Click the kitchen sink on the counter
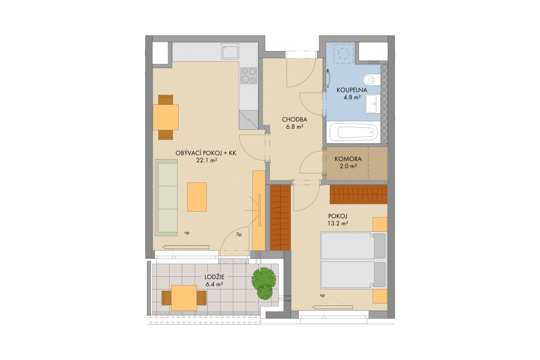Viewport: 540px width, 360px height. tap(231, 51)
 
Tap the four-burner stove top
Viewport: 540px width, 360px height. tap(249, 76)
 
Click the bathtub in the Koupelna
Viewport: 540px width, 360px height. tap(353, 132)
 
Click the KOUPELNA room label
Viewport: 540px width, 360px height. tap(352, 90)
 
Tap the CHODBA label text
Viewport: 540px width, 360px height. tap(295, 120)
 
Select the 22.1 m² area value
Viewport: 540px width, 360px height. tap(207, 160)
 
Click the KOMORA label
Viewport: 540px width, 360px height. tap(348, 159)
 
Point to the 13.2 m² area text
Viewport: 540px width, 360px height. tap(338, 223)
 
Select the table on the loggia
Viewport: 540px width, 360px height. tap(184, 298)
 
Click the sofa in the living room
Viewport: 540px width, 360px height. tap(166, 198)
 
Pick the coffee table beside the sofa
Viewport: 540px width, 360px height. tap(197, 197)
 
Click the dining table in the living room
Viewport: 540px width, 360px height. tap(166, 117)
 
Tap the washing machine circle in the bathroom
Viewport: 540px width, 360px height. tap(343, 53)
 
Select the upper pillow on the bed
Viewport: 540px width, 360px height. tap(379, 246)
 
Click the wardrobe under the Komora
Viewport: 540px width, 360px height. tap(359, 194)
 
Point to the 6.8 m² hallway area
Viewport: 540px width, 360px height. tap(295, 127)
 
